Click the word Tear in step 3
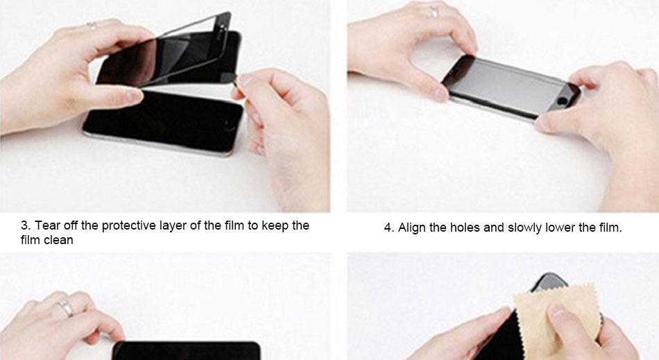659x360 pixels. [x=47, y=225]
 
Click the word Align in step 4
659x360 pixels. [x=412, y=228]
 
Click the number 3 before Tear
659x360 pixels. [x=25, y=225]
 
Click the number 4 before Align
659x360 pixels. [x=388, y=228]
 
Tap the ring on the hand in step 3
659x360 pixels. [x=92, y=25]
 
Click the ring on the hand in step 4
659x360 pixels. [x=434, y=11]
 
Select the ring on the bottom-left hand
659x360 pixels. [x=66, y=309]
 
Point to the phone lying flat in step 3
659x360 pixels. [x=164, y=122]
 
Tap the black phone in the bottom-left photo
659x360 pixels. [x=187, y=351]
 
